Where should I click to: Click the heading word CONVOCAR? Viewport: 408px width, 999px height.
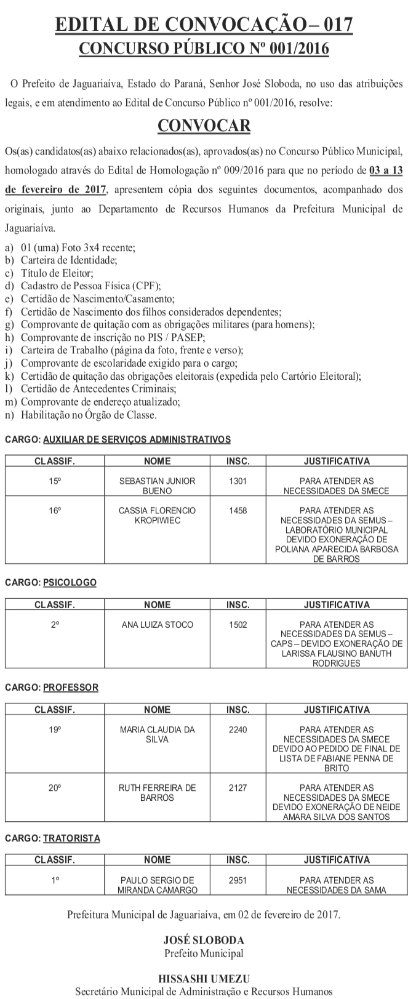click(x=204, y=126)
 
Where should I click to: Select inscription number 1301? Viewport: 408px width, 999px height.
click(x=238, y=481)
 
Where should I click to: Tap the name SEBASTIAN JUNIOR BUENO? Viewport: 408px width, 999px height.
click(x=157, y=486)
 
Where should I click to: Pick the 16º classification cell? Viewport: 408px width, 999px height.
click(x=55, y=510)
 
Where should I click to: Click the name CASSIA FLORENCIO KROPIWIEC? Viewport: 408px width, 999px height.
click(x=157, y=515)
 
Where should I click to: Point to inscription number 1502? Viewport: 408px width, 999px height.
click(x=238, y=624)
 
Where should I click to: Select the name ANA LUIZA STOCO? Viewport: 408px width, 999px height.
click(x=157, y=624)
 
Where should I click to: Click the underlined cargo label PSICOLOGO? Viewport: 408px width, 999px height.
click(x=70, y=582)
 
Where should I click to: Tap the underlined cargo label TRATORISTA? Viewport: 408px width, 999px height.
click(x=71, y=838)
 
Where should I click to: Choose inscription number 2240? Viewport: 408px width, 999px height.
click(x=238, y=729)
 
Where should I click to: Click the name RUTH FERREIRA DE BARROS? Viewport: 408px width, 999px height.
click(x=157, y=793)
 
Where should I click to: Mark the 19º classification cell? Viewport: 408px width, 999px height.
click(x=55, y=729)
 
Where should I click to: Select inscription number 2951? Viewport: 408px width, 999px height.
click(x=238, y=880)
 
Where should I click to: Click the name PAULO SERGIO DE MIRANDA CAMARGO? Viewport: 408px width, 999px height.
click(x=157, y=885)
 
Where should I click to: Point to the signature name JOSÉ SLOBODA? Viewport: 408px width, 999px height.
click(x=204, y=941)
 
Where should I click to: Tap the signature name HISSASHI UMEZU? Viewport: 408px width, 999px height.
click(x=204, y=979)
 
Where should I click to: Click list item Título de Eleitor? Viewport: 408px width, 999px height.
click(x=57, y=273)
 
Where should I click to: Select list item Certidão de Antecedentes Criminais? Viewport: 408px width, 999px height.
click(x=98, y=389)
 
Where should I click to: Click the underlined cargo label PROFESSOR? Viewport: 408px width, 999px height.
click(x=71, y=687)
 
